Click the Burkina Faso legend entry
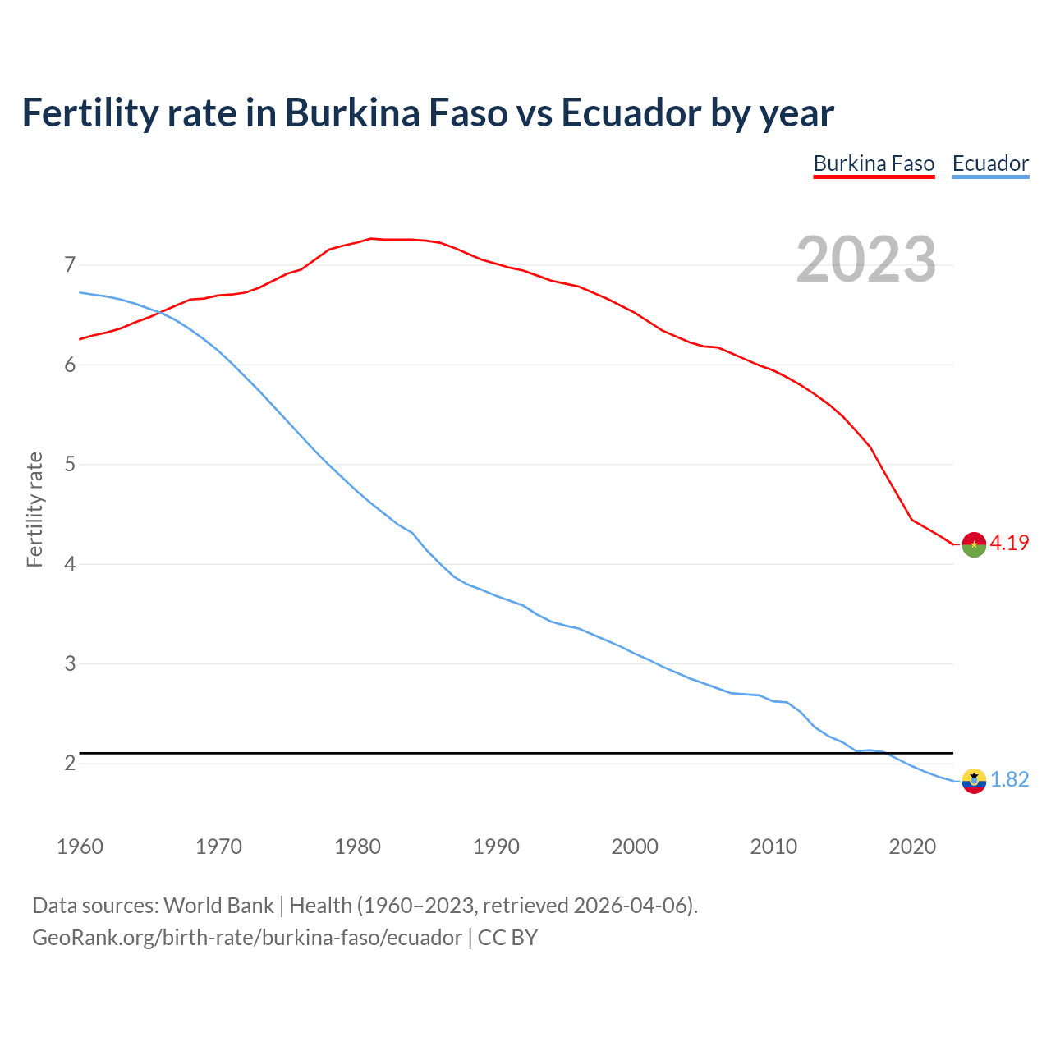(874, 163)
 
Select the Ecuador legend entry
(990, 163)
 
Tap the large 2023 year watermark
(866, 259)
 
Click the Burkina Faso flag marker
(974, 544)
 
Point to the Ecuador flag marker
(974, 781)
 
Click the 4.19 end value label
(1009, 544)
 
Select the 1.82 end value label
(1009, 780)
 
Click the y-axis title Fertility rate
(34, 509)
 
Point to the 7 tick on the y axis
(70, 265)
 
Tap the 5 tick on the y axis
(70, 465)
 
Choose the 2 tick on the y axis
(70, 764)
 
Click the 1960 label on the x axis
(80, 847)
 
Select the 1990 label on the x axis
(496, 847)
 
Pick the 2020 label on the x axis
(912, 847)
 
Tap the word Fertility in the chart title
(89, 113)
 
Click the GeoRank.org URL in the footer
(246, 938)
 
